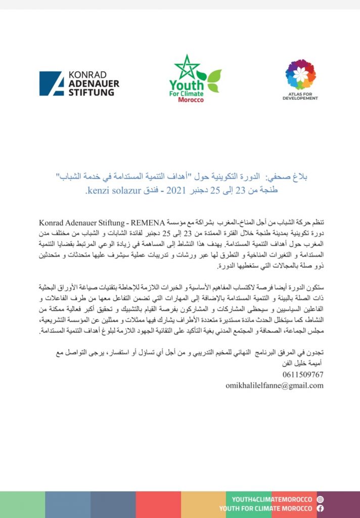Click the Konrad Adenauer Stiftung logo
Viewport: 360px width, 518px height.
[79, 83]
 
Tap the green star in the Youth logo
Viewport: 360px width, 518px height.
[187, 67]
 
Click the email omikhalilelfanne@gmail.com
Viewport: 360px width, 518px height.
[275, 385]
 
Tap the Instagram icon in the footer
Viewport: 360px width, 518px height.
[320, 499]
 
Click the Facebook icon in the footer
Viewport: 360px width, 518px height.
[320, 508]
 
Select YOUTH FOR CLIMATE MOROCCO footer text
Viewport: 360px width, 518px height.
[266, 508]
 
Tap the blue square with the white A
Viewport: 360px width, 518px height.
[52, 83]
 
